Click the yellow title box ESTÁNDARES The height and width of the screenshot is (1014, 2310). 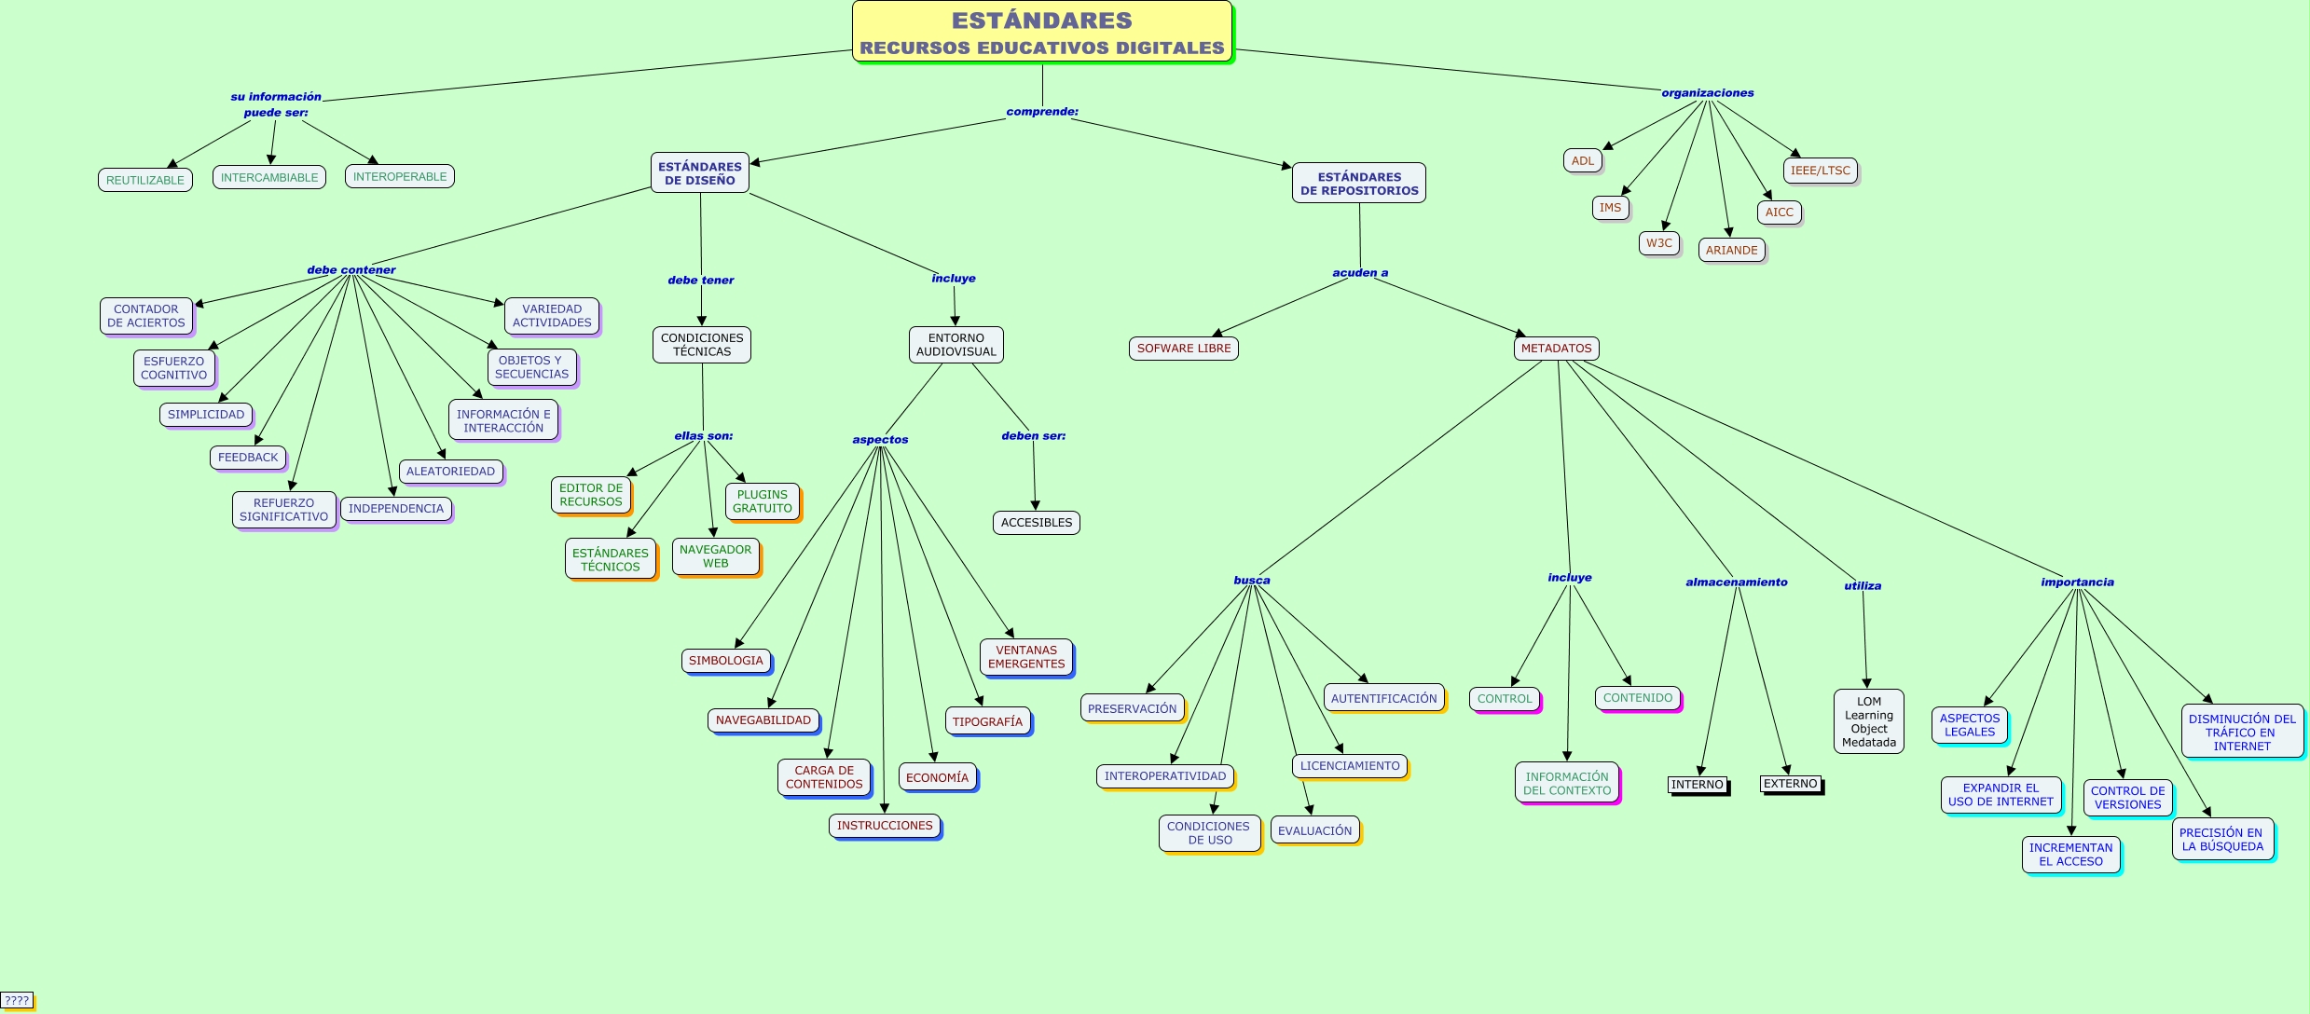1041,32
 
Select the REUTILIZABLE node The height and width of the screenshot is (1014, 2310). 144,180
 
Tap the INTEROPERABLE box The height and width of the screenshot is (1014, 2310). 399,176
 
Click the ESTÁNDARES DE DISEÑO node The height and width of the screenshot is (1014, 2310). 699,173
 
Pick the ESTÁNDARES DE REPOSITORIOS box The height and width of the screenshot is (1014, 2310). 1358,184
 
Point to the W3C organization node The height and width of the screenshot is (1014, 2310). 1658,243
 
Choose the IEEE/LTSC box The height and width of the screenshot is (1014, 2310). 1820,171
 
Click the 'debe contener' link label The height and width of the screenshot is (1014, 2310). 351,270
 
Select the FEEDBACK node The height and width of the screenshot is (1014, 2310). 248,458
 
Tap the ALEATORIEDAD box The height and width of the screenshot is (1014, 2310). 450,472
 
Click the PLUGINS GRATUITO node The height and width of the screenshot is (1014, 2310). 762,501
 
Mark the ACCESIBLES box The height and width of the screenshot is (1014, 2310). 1036,523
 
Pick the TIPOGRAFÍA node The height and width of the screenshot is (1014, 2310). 987,721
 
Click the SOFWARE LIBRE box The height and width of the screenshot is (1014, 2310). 1183,349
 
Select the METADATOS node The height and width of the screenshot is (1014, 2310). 1556,349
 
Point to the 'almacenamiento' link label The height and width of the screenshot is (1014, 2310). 1736,582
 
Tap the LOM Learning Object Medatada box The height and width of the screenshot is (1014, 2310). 1868,721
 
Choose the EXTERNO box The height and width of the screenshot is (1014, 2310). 1790,784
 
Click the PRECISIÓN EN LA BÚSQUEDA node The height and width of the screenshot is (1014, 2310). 2221,840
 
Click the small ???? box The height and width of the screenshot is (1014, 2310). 17,1000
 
